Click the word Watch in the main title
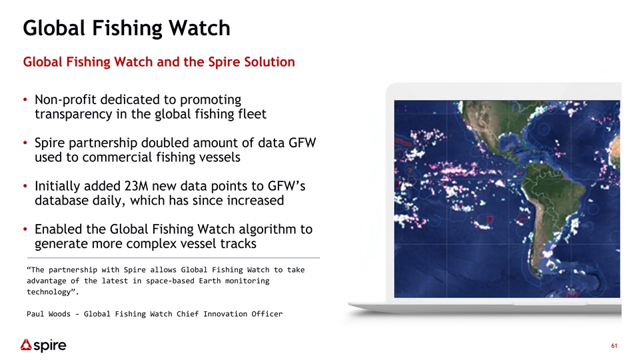199,28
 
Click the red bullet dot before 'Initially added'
25,186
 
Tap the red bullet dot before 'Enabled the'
25,229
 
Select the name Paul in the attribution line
35,314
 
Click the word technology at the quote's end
49,292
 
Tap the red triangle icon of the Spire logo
26,345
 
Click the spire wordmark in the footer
50,346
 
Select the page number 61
614,346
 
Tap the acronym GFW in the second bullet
303,143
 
